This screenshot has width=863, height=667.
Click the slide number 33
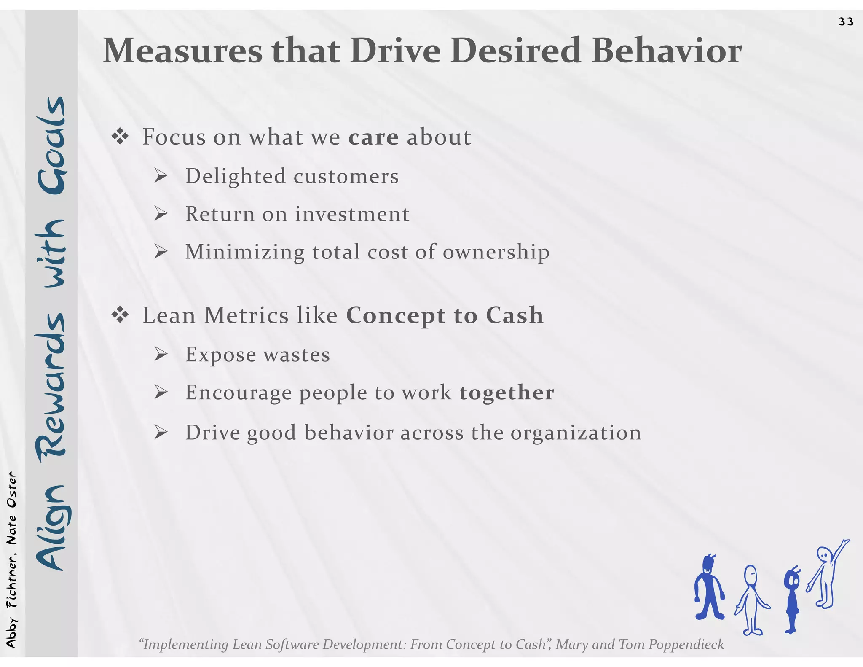click(x=846, y=22)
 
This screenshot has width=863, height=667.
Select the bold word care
click(x=373, y=137)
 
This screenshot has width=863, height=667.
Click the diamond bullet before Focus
click(x=120, y=137)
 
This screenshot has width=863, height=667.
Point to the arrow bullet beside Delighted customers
click(x=161, y=175)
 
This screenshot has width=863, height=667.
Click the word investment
click(x=352, y=214)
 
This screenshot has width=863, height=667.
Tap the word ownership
click(x=496, y=252)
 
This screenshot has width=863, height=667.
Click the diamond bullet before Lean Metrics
click(x=120, y=315)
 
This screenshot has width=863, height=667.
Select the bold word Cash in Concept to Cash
click(x=515, y=315)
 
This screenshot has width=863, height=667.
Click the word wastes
click(x=297, y=355)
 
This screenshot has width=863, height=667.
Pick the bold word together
click(x=507, y=393)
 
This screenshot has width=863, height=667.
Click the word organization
click(x=576, y=433)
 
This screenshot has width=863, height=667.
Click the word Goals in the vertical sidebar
click(x=51, y=145)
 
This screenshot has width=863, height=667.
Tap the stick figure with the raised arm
click(x=827, y=573)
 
